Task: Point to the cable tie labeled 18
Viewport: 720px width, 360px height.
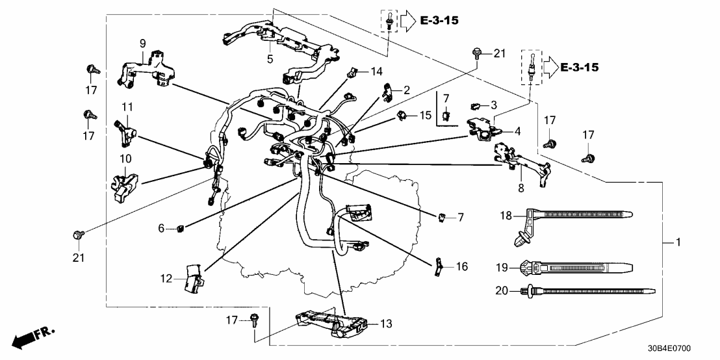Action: click(x=572, y=217)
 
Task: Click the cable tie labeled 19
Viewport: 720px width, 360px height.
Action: click(x=572, y=266)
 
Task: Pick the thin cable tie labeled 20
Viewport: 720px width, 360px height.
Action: click(x=585, y=292)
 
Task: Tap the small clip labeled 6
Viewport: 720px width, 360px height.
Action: click(x=181, y=227)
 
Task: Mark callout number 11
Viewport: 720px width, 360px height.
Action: click(x=127, y=105)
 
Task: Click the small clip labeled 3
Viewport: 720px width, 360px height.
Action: click(x=475, y=105)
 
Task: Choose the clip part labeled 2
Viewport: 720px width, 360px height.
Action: click(x=386, y=95)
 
